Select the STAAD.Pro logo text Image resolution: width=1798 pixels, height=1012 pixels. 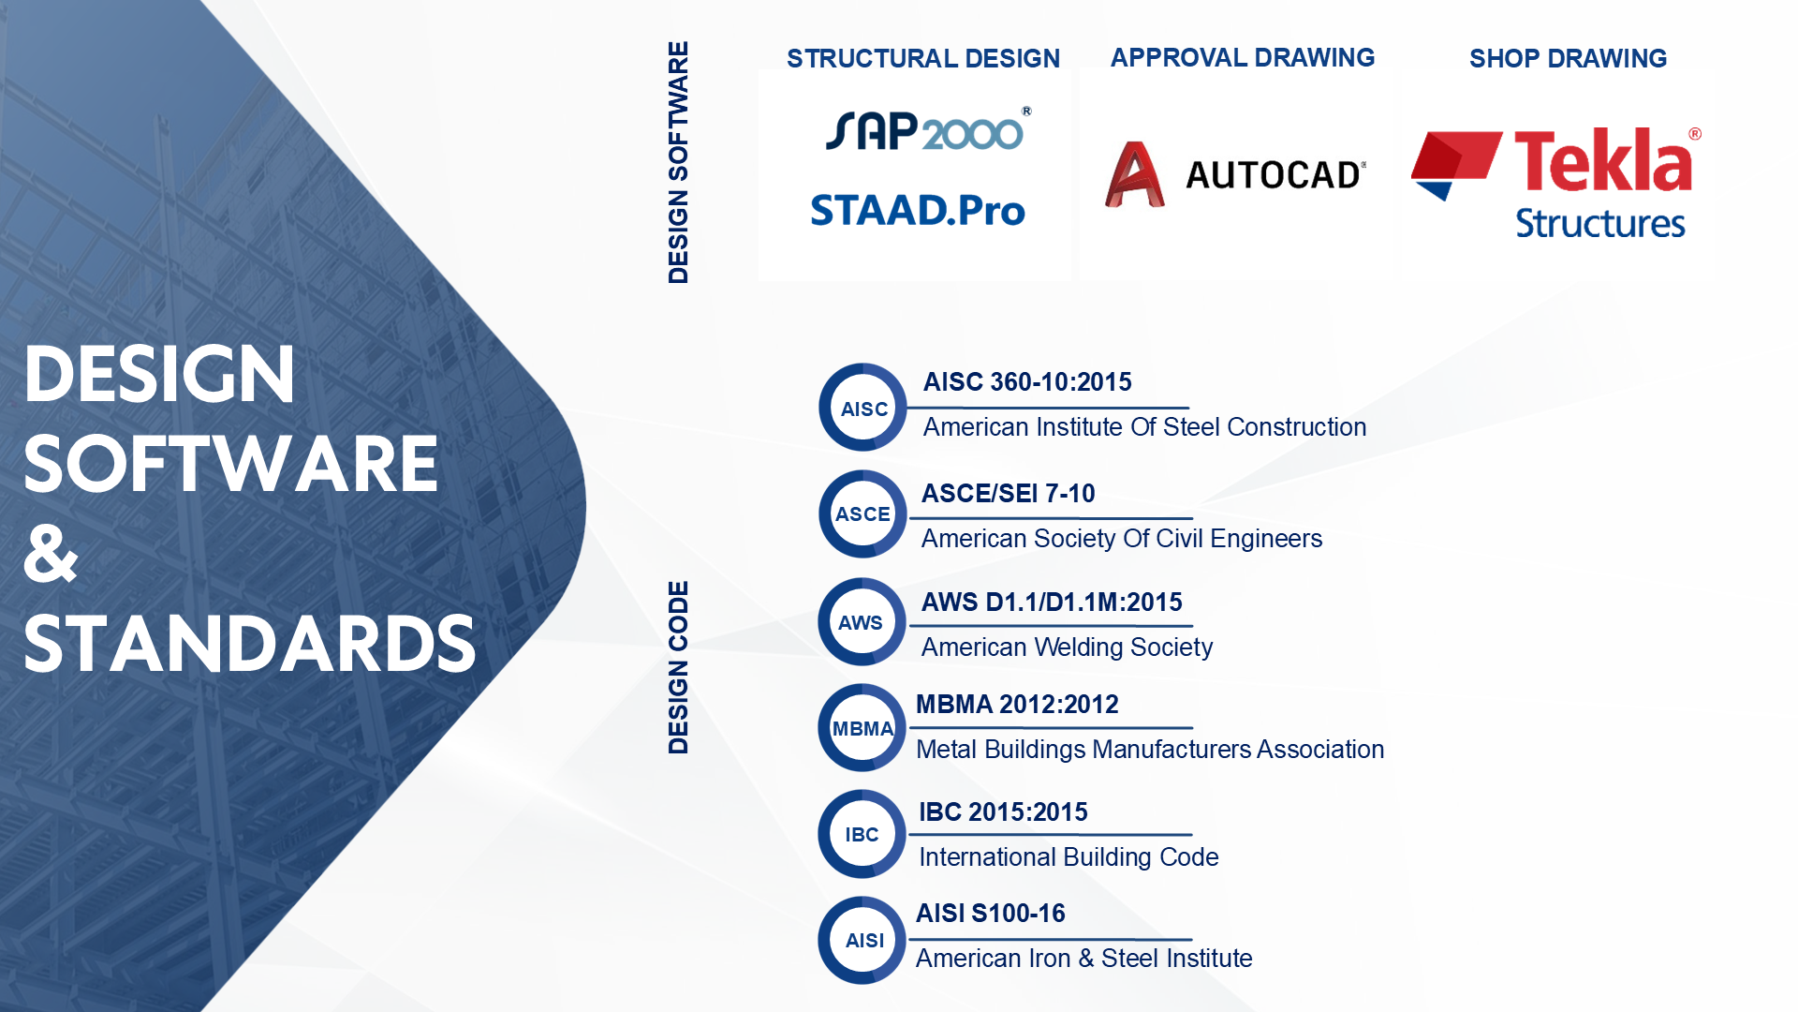pyautogui.click(x=918, y=210)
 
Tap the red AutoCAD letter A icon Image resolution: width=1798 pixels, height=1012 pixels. pyautogui.click(x=1135, y=174)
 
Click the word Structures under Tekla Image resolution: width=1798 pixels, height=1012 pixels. pyautogui.click(x=1600, y=223)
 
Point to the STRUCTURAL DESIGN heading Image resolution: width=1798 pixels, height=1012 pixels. pyautogui.click(x=923, y=58)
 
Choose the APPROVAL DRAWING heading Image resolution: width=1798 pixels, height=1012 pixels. pyautogui.click(x=1243, y=57)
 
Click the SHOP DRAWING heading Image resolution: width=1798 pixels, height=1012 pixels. pyautogui.click(x=1569, y=58)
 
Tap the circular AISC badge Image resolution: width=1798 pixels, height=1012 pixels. pyautogui.click(x=863, y=408)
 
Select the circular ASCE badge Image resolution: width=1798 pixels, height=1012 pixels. pyautogui.click(x=863, y=513)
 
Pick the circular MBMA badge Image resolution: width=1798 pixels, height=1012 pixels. pyautogui.click(x=862, y=727)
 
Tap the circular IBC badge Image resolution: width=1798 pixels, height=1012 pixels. pyautogui.click(x=862, y=834)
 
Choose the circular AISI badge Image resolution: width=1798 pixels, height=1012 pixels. pyautogui.click(x=862, y=940)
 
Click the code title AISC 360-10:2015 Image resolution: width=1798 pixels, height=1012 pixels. pyautogui.click(x=1027, y=381)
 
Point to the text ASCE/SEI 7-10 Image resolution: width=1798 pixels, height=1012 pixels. pyautogui.click(x=1008, y=493)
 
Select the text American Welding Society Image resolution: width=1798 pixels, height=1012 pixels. pyautogui.click(x=1067, y=647)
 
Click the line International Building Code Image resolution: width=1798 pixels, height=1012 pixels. pyautogui.click(x=1068, y=856)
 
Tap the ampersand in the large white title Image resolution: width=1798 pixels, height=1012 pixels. pyautogui.click(x=51, y=553)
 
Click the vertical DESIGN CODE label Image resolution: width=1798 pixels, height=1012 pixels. pyautogui.click(x=678, y=667)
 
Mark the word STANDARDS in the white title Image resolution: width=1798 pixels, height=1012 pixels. pyautogui.click(x=250, y=644)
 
